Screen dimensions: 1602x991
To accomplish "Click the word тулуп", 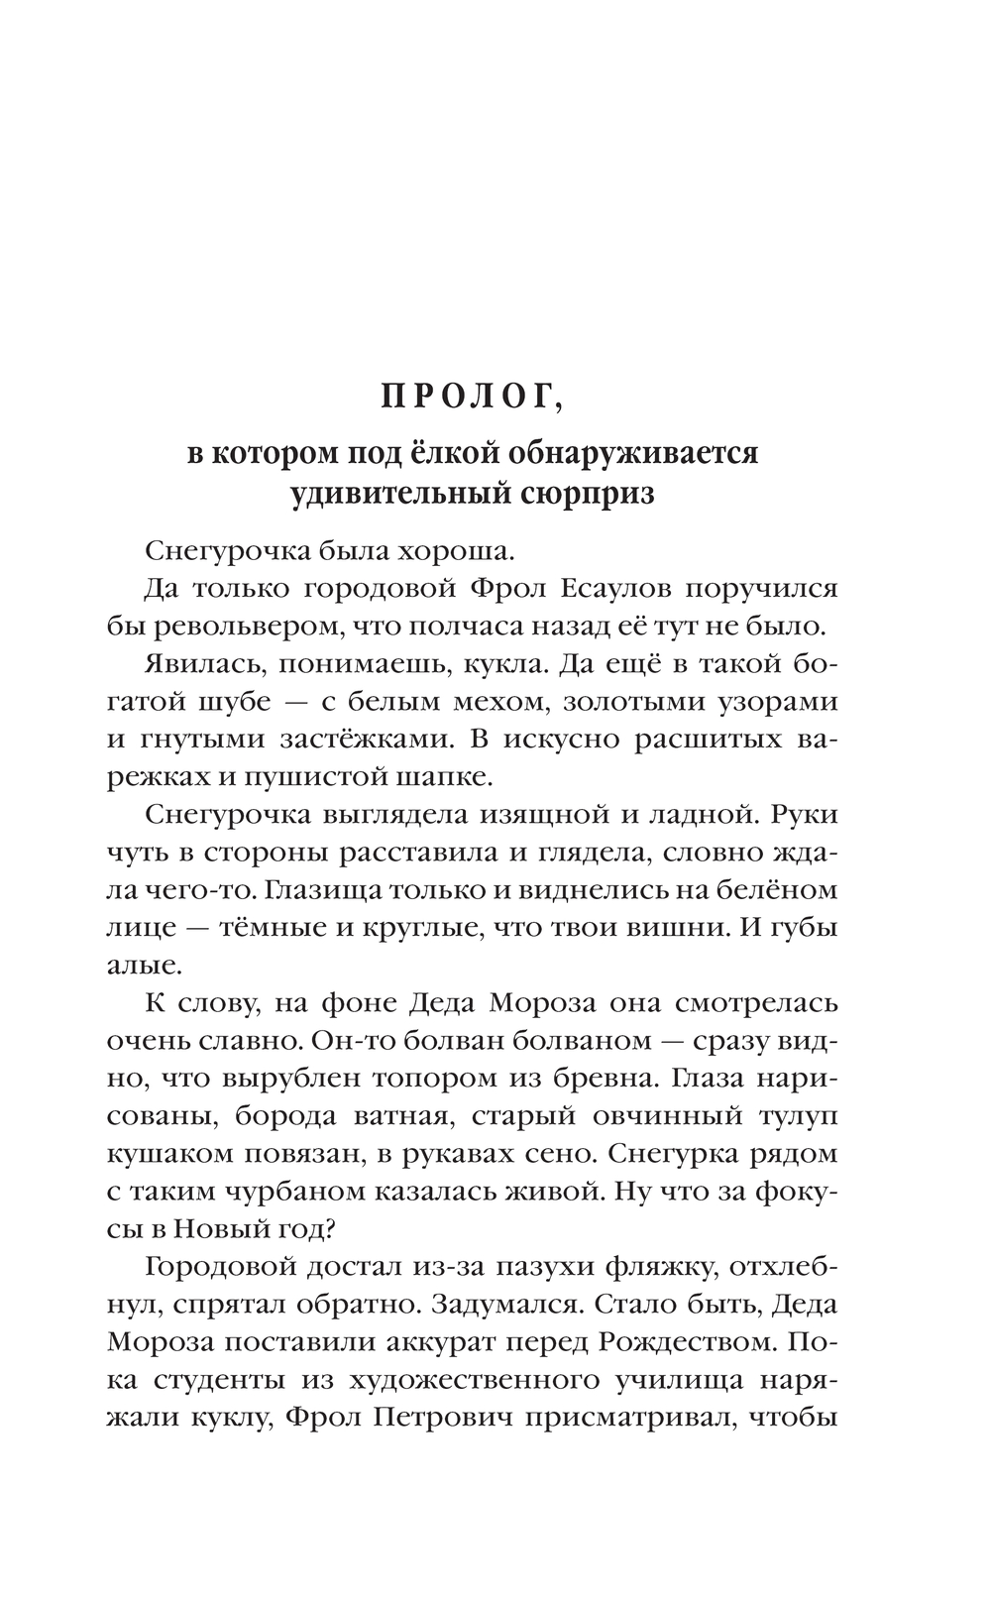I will point(791,1116).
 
